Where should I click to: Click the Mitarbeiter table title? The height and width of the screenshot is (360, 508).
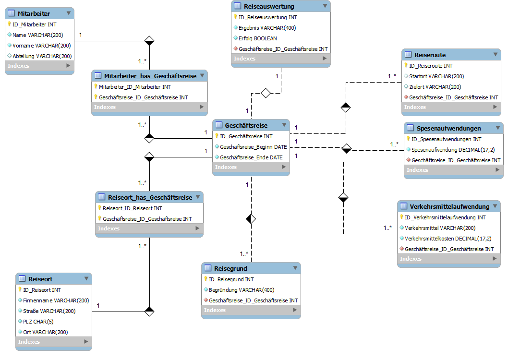pos(34,13)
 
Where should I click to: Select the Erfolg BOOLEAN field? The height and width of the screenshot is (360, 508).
pos(257,38)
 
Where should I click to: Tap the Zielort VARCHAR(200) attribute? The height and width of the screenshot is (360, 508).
pos(435,87)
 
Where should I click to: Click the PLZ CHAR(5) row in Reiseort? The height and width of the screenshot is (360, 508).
pos(38,322)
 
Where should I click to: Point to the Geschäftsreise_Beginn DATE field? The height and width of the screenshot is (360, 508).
pos(254,147)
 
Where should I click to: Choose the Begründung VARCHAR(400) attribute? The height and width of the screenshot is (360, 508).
pos(242,290)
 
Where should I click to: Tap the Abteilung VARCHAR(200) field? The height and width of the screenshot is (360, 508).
pos(42,56)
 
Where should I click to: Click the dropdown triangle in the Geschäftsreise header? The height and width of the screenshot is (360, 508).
pos(284,125)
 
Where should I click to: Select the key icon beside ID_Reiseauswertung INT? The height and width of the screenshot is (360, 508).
pos(236,17)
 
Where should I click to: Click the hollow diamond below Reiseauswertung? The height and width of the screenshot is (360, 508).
pos(266,93)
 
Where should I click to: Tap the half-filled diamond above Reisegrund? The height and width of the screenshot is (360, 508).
pos(251,219)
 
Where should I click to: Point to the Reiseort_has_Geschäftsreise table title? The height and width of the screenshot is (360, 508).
pos(150,197)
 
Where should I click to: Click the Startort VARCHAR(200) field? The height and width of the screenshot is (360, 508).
pos(436,76)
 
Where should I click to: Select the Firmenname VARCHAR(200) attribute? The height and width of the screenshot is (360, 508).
pos(56,300)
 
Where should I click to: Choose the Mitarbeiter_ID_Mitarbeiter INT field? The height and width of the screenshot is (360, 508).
pos(135,87)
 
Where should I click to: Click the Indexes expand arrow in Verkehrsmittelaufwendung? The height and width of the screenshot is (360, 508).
pos(495,258)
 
